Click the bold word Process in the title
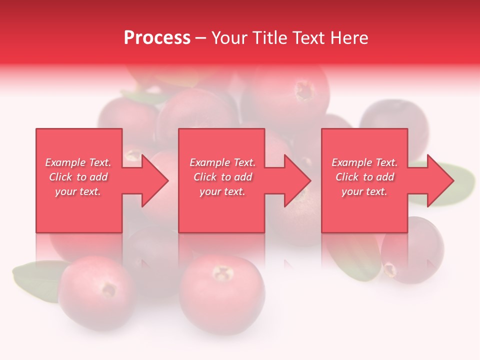click(x=157, y=38)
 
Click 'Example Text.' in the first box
click(x=78, y=162)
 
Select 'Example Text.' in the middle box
click(x=222, y=162)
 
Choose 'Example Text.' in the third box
click(x=364, y=162)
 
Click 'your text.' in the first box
click(x=78, y=191)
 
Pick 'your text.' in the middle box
click(x=222, y=191)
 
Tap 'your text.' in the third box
click(x=364, y=191)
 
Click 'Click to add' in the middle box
click(x=222, y=177)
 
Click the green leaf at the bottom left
click(x=35, y=280)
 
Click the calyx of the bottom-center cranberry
click(x=222, y=273)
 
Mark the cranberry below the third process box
click(x=412, y=250)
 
